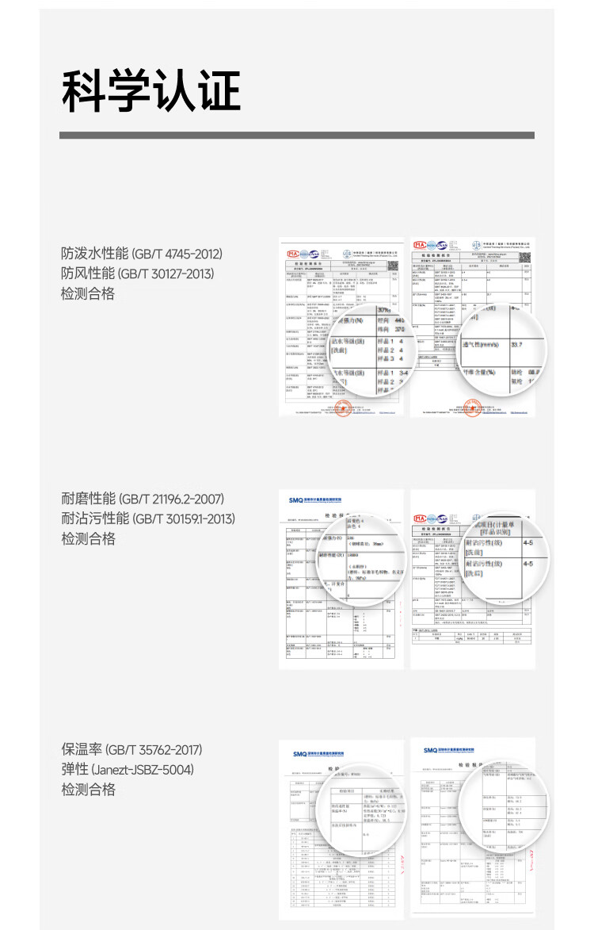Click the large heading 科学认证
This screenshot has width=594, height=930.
tap(150, 91)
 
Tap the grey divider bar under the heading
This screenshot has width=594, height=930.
tap(296, 136)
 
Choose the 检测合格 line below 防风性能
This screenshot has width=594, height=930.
tap(88, 293)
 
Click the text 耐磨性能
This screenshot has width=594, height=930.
tap(88, 499)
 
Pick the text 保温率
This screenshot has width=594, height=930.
tap(81, 749)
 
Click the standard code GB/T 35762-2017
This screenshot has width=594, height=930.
tap(154, 749)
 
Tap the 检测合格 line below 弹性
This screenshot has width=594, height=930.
tap(88, 789)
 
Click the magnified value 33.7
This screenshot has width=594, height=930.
tap(521, 345)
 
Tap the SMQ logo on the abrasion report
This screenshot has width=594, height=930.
tap(296, 500)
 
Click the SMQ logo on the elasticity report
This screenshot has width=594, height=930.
tap(431, 750)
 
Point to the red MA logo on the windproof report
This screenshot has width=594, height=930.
tap(420, 244)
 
